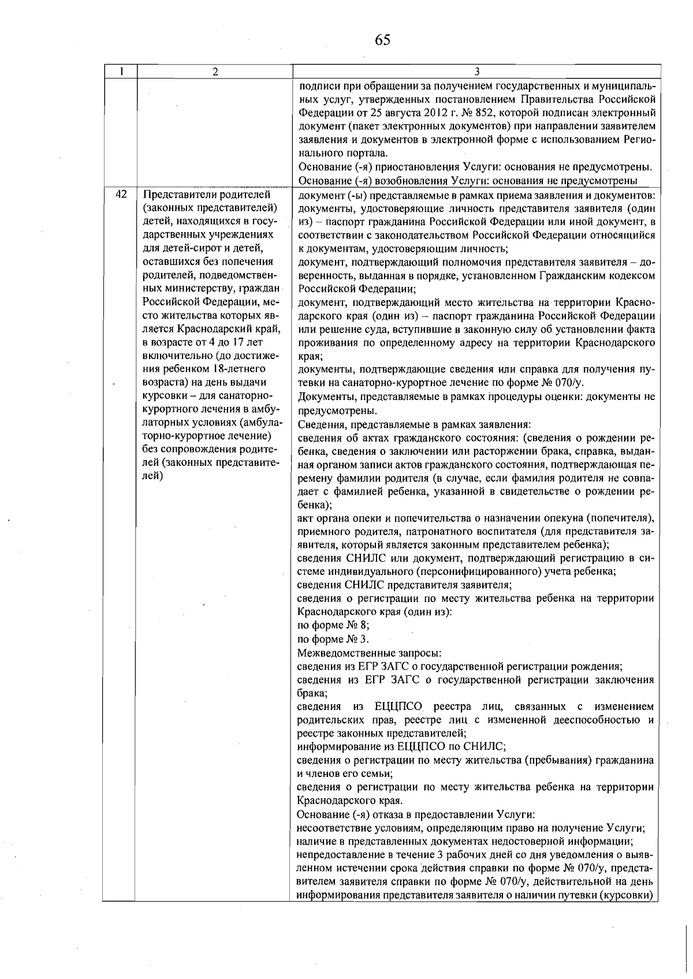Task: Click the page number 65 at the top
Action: pyautogui.click(x=382, y=40)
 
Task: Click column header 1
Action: pyautogui.click(x=121, y=72)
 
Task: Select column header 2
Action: pyautogui.click(x=215, y=72)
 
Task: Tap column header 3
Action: pyautogui.click(x=476, y=72)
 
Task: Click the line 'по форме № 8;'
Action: pyautogui.click(x=333, y=625)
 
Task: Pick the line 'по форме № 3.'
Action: pyautogui.click(x=333, y=639)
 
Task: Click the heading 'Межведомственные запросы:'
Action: pyautogui.click(x=369, y=653)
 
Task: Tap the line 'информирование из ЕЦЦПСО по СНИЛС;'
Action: pyautogui.click(x=401, y=746)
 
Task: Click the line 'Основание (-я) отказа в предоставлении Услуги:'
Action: pyautogui.click(x=416, y=814)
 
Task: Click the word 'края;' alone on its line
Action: pyautogui.click(x=310, y=357)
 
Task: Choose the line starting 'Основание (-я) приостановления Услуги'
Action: pyautogui.click(x=475, y=167)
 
